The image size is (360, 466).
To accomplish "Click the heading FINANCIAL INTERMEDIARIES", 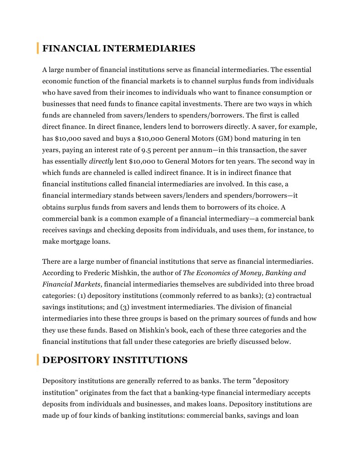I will (x=119, y=48).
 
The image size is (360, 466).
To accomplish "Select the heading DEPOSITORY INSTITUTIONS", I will (x=115, y=360).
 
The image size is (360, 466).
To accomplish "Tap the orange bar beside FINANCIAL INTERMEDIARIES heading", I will (x=37, y=48).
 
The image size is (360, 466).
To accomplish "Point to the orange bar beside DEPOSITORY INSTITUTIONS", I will (x=37, y=360).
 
